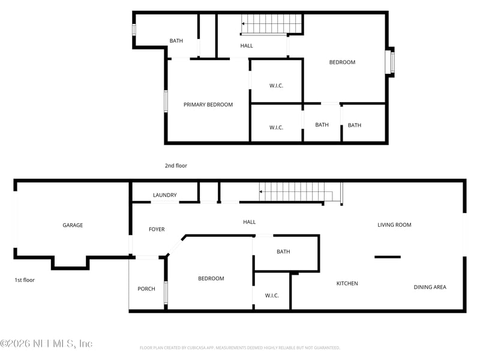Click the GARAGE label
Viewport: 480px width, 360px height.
pyautogui.click(x=73, y=225)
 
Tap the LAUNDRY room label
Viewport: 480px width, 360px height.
pyautogui.click(x=164, y=195)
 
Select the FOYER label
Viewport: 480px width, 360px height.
pyautogui.click(x=156, y=229)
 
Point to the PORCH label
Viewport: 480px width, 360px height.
pyautogui.click(x=146, y=289)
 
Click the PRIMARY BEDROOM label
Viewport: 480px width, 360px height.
pyautogui.click(x=208, y=104)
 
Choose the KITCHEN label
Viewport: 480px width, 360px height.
pyautogui.click(x=347, y=283)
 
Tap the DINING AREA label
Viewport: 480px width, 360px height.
pyautogui.click(x=430, y=287)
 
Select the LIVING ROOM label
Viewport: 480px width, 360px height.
pyautogui.click(x=394, y=224)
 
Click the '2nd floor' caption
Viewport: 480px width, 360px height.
pyautogui.click(x=176, y=166)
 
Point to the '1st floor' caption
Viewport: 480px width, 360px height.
pyautogui.click(x=25, y=280)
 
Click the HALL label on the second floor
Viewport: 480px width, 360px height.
pyautogui.click(x=247, y=46)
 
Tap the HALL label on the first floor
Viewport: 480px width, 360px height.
pyautogui.click(x=249, y=222)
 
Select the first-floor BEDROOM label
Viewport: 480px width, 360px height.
pyautogui.click(x=211, y=278)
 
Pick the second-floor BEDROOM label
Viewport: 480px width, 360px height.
pyautogui.click(x=342, y=62)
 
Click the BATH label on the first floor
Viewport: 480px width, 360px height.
pyautogui.click(x=283, y=251)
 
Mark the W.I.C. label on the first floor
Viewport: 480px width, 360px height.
pyautogui.click(x=271, y=295)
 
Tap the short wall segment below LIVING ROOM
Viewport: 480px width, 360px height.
pyautogui.click(x=387, y=257)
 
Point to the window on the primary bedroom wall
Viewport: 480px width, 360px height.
pyautogui.click(x=166, y=101)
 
